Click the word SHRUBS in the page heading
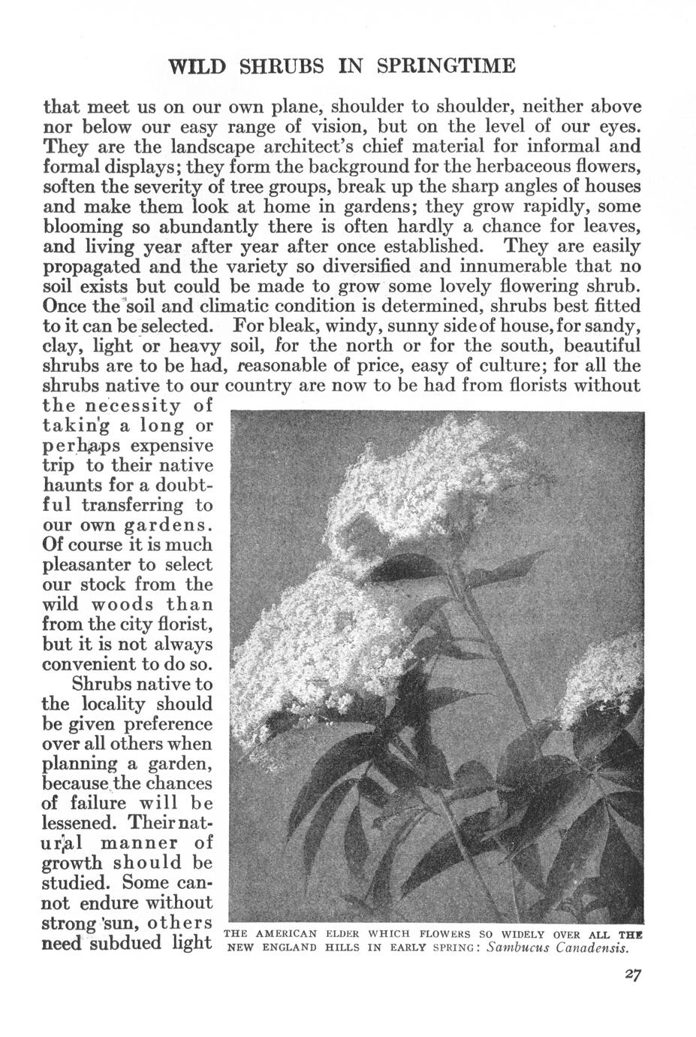[x=282, y=66]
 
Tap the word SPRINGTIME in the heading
[x=446, y=66]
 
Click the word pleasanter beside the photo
[x=86, y=564]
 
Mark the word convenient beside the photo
[x=91, y=664]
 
